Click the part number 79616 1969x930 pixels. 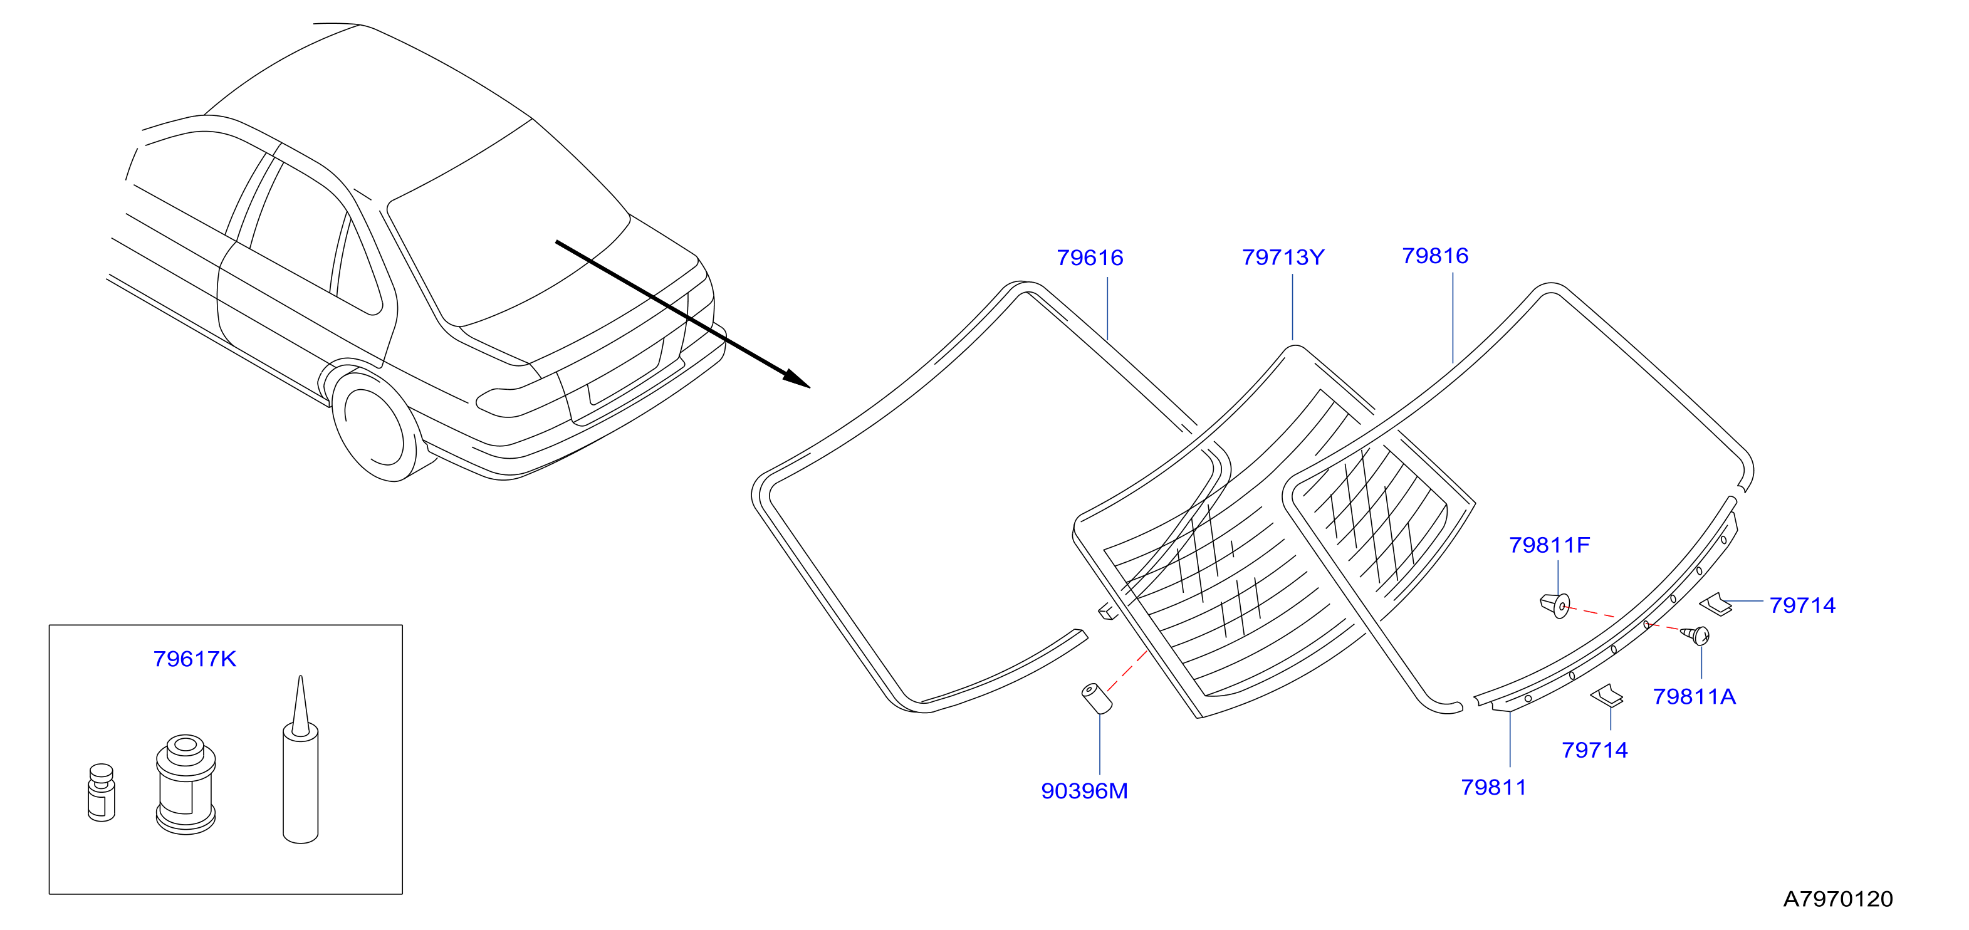(1090, 258)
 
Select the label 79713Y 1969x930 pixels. (1283, 258)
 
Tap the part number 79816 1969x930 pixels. (1434, 256)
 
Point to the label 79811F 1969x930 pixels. (1549, 545)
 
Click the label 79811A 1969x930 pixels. (1694, 696)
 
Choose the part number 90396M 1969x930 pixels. (1084, 791)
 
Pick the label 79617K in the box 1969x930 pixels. (194, 659)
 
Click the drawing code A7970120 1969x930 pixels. (1837, 899)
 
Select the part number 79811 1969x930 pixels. (1493, 787)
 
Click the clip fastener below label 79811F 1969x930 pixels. (1555, 605)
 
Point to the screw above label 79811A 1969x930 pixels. (1695, 634)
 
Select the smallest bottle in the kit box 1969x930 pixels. (102, 793)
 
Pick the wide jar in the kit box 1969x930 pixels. (185, 784)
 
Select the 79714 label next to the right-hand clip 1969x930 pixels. (1802, 605)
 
